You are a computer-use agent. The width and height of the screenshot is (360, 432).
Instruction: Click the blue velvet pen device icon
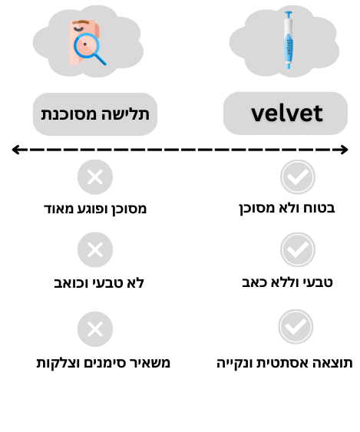pos(289,40)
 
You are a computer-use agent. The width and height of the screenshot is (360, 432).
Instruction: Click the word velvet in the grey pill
pos(286,114)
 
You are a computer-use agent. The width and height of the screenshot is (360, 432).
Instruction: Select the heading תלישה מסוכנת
pos(95,114)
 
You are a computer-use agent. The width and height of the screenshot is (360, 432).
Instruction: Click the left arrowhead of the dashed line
pos(15,150)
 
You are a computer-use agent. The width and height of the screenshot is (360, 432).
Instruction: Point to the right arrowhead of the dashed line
pos(345,150)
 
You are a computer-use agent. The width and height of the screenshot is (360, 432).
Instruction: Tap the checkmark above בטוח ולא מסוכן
pos(298,177)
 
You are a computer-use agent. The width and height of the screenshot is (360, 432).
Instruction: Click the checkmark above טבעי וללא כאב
pos(298,249)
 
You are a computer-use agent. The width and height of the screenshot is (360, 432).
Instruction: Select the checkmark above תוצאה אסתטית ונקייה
pos(296,326)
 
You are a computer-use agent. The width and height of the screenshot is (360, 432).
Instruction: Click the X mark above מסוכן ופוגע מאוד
pos(95,177)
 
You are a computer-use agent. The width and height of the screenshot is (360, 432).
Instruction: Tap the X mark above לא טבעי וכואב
pos(95,249)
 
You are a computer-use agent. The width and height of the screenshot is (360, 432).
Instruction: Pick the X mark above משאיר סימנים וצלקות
pos(95,329)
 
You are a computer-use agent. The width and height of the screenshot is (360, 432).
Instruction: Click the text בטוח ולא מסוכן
pos(286,209)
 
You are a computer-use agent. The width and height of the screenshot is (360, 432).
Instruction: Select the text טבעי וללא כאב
pos(287,282)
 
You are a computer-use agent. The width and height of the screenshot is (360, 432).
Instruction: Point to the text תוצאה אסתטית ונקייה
pos(285,363)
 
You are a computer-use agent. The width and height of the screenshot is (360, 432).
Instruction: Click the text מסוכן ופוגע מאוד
pos(95,209)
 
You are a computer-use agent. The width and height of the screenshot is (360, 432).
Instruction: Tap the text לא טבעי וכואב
pos(99,283)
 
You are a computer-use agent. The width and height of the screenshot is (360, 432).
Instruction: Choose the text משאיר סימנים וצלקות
pos(104,363)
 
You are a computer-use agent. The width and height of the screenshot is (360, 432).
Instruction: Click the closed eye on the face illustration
pos(78,28)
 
